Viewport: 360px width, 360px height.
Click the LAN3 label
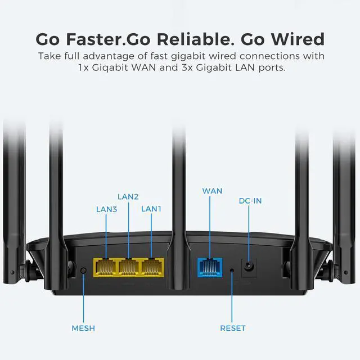[107, 209]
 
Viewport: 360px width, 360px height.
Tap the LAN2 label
[128, 196]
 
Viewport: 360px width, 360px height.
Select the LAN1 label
[151, 209]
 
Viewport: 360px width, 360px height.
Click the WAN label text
[212, 191]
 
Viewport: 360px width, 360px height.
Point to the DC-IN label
[250, 201]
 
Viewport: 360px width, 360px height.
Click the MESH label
[83, 328]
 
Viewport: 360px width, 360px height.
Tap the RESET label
[233, 328]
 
